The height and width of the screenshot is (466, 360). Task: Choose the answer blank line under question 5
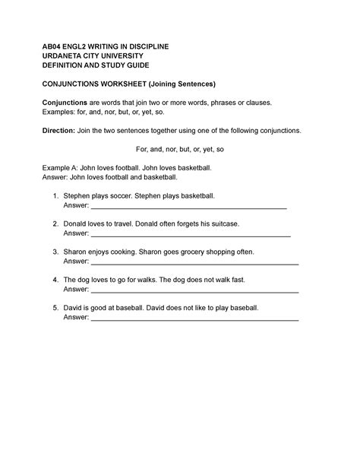(194, 319)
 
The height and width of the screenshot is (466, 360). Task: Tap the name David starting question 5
(75, 309)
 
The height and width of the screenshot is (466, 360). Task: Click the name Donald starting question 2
(78, 224)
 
